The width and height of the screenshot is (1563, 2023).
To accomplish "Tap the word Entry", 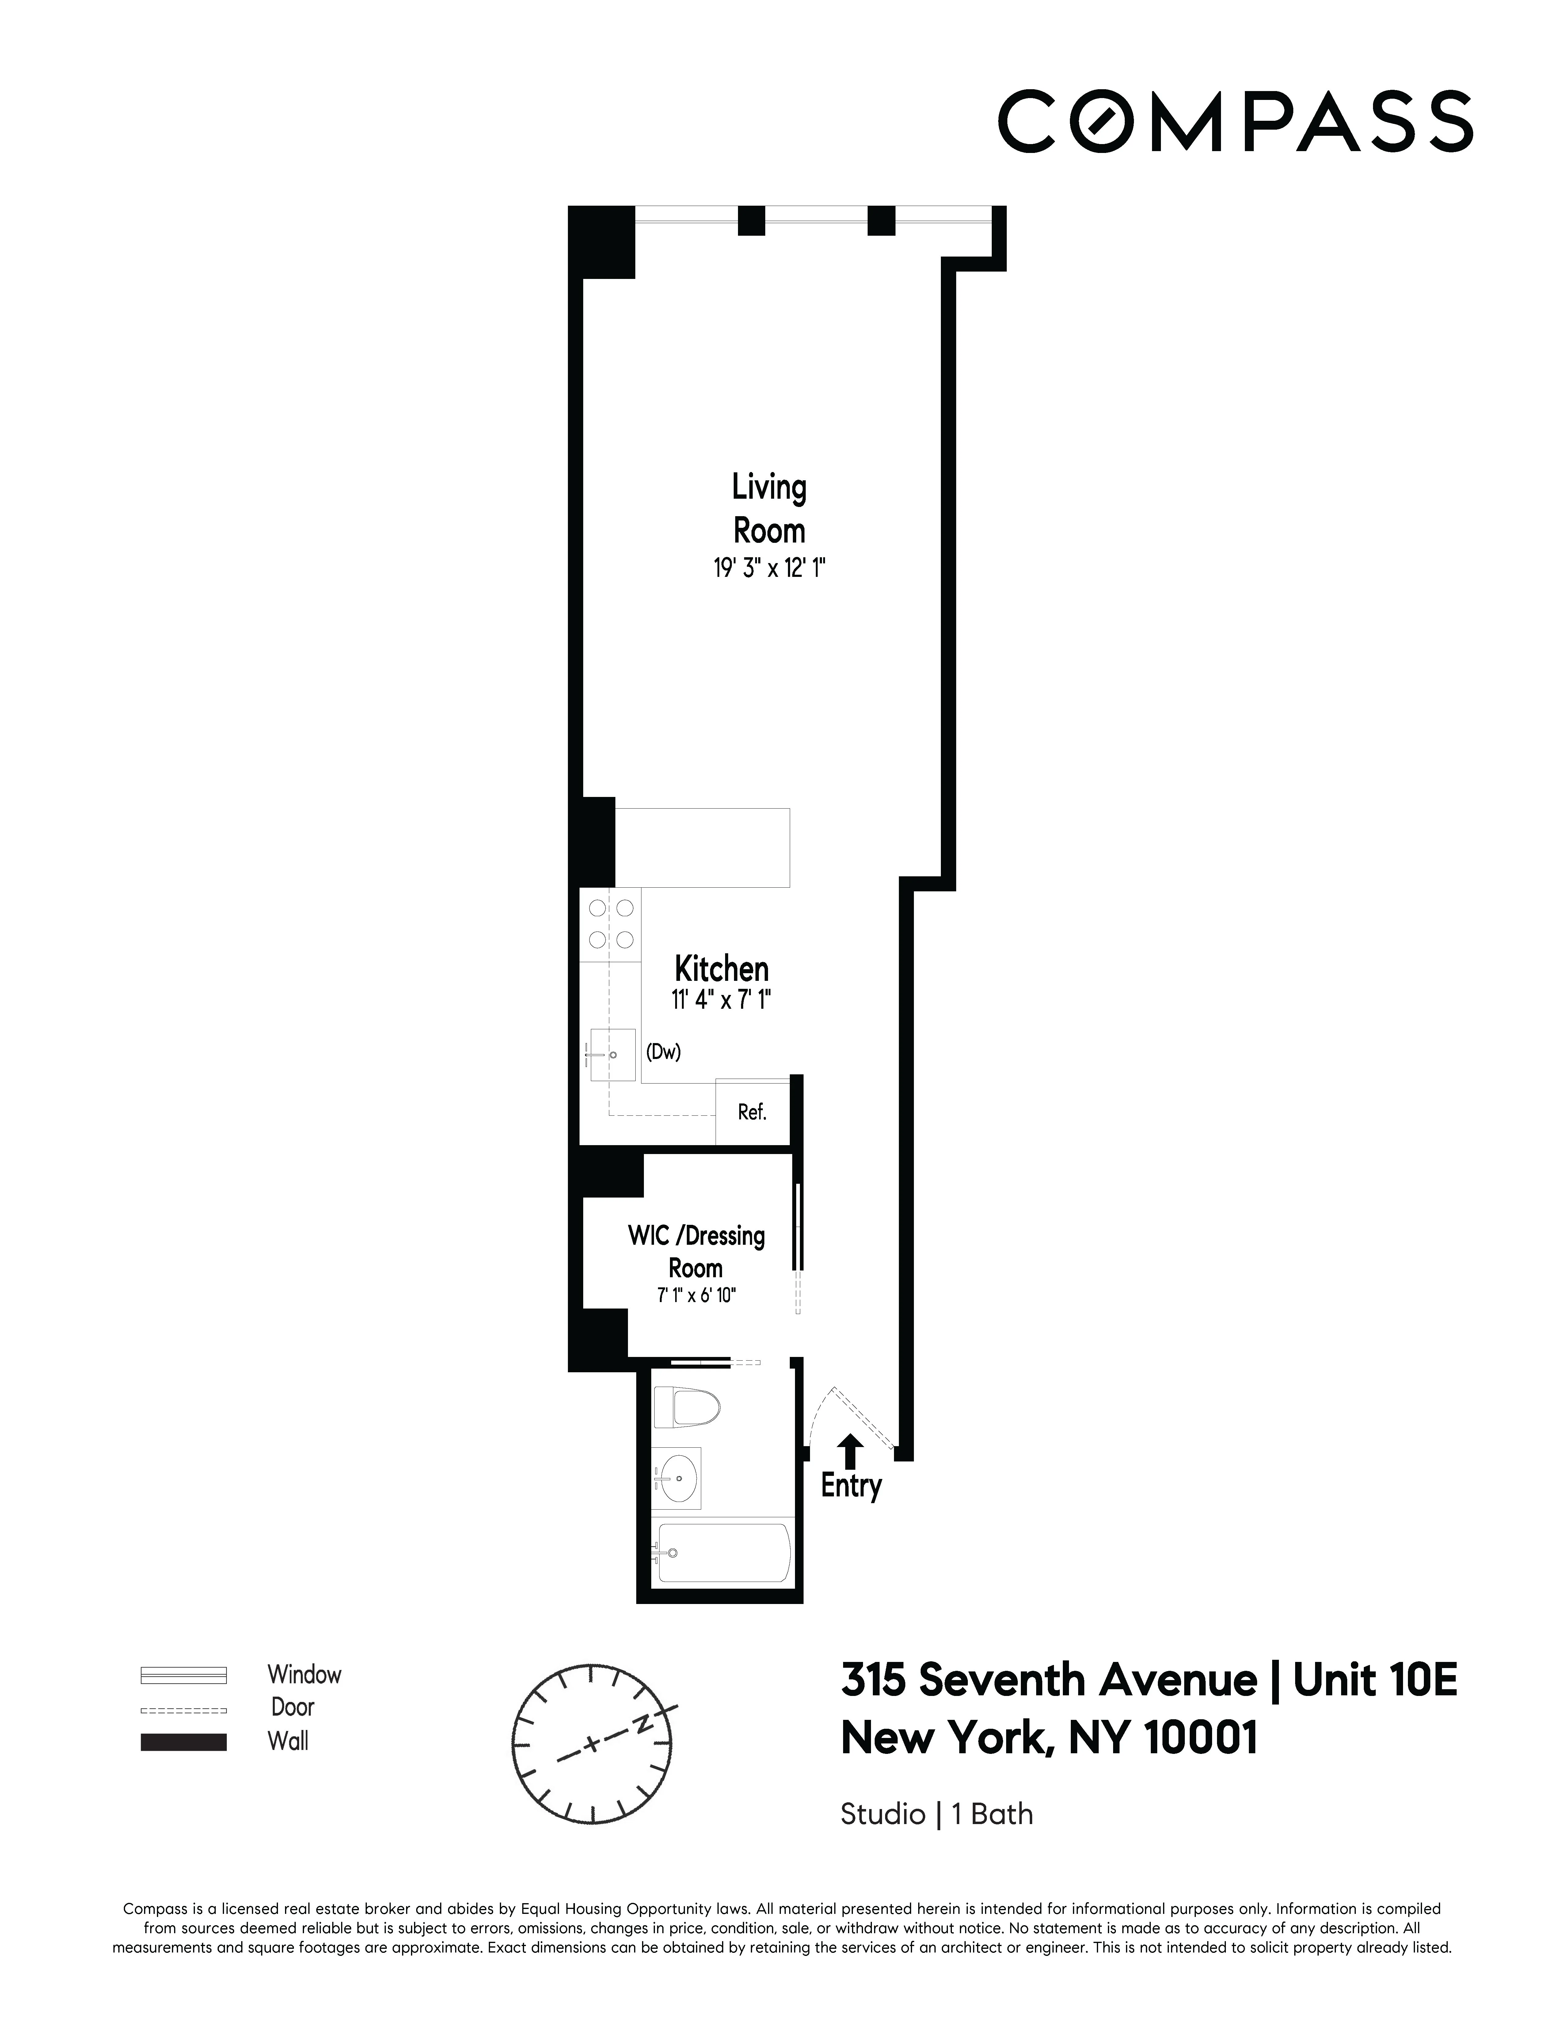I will [x=851, y=1486].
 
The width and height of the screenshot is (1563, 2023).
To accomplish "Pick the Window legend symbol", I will [x=183, y=1675].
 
